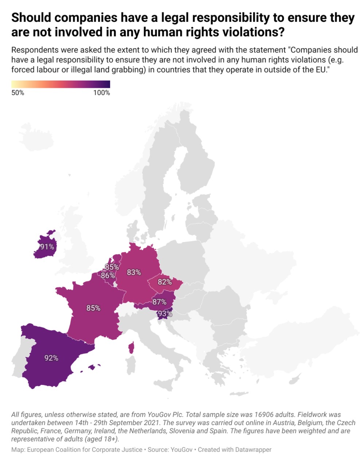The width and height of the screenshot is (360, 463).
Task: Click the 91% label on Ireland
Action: [47, 247]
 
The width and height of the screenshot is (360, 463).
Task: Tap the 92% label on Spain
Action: [51, 358]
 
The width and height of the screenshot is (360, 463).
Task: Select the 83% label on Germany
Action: [134, 272]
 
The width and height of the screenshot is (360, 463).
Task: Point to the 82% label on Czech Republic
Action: [165, 282]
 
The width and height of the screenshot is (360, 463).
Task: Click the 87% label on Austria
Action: [159, 302]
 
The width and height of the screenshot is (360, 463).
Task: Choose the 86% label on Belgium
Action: [108, 276]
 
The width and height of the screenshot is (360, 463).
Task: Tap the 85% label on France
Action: [93, 308]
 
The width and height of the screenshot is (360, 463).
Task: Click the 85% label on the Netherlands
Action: [112, 267]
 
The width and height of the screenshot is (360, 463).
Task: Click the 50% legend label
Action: [18, 93]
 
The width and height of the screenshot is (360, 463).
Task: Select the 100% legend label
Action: [102, 93]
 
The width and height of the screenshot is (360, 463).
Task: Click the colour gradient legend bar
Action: [61, 84]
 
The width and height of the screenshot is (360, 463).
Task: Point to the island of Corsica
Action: [131, 348]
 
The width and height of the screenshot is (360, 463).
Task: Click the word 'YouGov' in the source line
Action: [181, 450]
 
